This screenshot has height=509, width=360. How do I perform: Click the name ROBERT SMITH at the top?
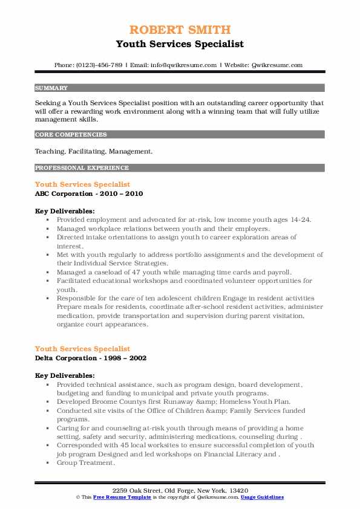180,30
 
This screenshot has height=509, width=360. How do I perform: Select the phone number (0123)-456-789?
103,65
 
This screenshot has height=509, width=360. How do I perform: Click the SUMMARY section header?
51,88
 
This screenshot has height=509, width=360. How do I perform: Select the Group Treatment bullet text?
85,463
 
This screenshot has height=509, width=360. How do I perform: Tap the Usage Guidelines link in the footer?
262,496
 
